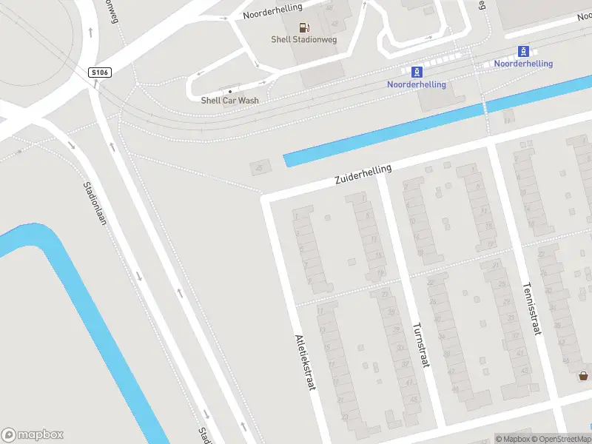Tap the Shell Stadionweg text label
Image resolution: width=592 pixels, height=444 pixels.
coord(304,40)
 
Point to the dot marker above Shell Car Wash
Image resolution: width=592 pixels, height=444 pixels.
coord(230,91)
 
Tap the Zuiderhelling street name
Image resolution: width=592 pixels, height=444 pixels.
coord(363,175)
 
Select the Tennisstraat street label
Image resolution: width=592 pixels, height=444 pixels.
coord(531,308)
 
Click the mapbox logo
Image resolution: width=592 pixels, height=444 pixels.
coord(33,435)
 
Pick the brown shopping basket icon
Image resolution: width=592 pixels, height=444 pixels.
coord(584,376)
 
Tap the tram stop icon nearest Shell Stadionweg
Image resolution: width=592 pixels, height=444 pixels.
coord(417,72)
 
